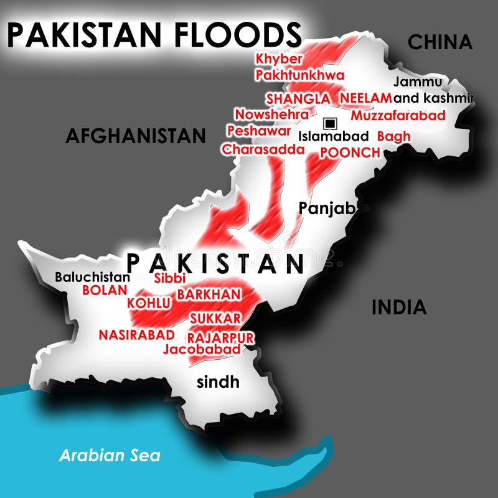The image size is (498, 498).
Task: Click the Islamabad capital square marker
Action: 330,122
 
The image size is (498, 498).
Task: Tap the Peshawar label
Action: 258,131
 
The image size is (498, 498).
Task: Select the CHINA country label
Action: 439,42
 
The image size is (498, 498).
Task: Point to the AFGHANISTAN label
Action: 135,135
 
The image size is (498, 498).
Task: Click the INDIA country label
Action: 399,307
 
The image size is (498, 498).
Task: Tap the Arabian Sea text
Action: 110,455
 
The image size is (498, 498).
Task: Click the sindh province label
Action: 218,382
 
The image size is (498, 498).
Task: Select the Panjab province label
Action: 327,208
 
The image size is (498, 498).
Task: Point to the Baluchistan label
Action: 93,278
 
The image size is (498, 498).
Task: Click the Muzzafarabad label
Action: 398,115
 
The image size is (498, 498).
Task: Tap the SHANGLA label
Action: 298,98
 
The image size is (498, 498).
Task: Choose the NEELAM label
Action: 366,98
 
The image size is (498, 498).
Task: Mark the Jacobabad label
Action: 202,350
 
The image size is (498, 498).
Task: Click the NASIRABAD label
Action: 136,334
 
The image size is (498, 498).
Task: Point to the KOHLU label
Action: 149,303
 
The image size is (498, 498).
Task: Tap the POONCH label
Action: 350,153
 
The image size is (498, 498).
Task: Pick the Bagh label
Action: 394,136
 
